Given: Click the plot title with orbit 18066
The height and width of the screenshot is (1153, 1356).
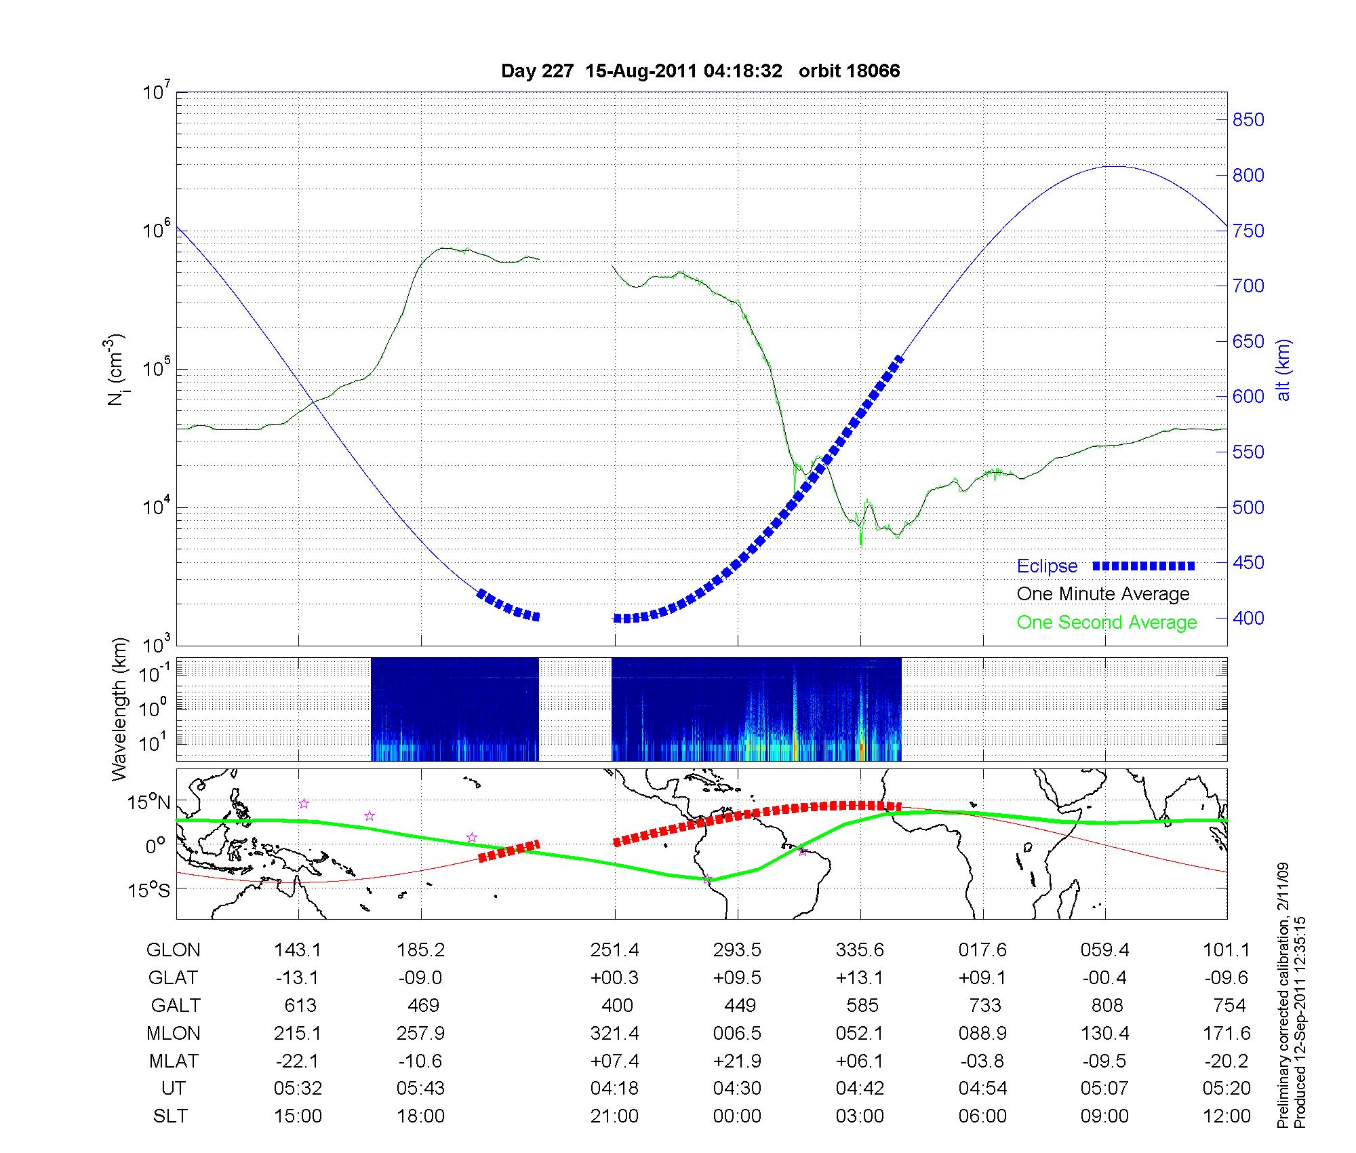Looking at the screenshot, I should point(700,71).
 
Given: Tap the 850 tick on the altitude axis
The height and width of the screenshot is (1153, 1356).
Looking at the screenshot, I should point(1248,120).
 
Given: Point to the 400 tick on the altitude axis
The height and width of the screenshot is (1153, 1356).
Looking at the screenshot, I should point(1248,619).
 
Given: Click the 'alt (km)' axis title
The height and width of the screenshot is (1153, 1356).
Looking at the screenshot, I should point(1283,370).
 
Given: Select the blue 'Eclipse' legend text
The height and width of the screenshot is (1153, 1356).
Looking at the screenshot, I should point(1047,566).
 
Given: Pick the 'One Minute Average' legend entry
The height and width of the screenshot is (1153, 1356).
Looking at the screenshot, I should point(1103,594).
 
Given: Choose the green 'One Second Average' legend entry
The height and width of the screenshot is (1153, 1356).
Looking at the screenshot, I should point(1106,623).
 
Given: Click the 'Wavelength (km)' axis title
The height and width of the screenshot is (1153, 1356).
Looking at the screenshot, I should point(120,709).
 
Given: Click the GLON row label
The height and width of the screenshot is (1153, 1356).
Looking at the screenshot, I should point(173,950).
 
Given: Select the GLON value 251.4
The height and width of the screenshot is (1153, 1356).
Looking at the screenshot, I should point(614,950).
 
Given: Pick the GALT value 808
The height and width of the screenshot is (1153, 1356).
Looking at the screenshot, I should point(1107,1005).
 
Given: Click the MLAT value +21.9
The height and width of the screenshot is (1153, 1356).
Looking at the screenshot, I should point(737,1061).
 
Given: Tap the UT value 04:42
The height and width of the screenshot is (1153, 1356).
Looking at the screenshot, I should point(860,1089).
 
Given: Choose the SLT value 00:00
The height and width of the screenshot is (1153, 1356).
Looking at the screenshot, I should point(737,1116).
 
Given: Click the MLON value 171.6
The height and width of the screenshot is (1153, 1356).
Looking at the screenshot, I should point(1227,1033).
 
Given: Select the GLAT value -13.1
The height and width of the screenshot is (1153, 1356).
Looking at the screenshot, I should point(298,978).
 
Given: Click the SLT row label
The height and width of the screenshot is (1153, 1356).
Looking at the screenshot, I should point(170,1116).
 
